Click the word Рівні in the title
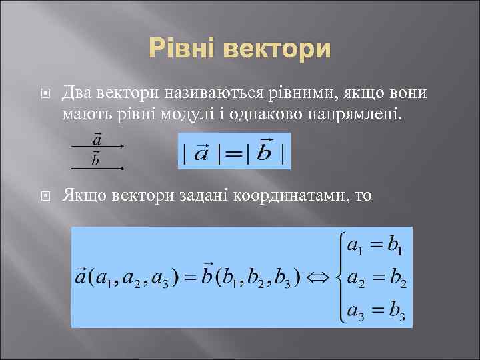184,49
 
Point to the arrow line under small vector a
97,146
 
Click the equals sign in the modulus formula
233,152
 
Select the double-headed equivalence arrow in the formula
323,275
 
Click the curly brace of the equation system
342,275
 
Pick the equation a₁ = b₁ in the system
375,247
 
